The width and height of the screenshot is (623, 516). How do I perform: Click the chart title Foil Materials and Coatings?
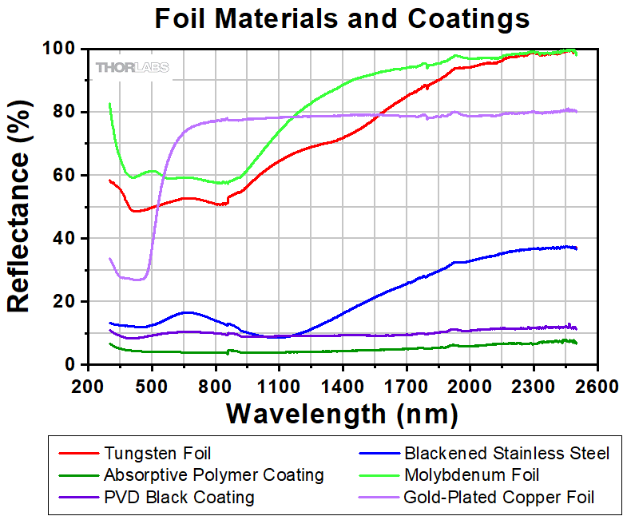[x=342, y=18]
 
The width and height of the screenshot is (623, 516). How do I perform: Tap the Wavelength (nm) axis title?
[x=342, y=414]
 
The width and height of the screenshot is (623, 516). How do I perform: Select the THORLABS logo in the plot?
[x=133, y=68]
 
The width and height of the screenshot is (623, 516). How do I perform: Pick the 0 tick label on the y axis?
[x=71, y=365]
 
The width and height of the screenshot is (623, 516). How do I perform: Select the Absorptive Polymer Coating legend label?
[x=213, y=475]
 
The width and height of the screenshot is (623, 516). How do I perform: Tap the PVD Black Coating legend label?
[x=179, y=498]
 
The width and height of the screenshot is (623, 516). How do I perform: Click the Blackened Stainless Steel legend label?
[x=506, y=453]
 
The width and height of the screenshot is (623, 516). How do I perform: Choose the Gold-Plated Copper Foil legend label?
[x=499, y=498]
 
